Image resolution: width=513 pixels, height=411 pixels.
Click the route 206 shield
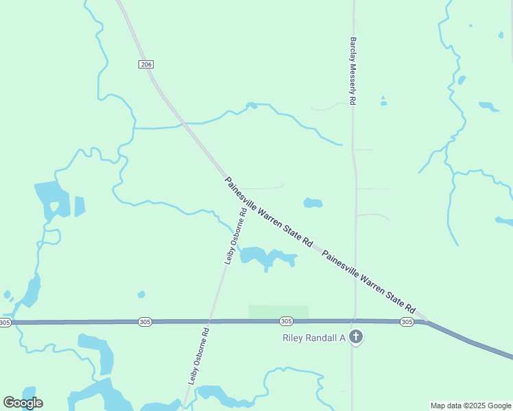pyautogui.click(x=145, y=64)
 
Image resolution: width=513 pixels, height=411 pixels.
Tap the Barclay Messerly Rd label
pyautogui.click(x=353, y=71)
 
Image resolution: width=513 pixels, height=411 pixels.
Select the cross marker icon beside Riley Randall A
pyautogui.click(x=355, y=337)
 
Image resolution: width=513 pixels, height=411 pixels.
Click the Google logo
pyautogui.click(x=23, y=403)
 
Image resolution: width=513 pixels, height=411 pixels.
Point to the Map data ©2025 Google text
pyautogui.click(x=470, y=406)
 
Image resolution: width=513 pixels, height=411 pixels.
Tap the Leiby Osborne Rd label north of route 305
pyautogui.click(x=236, y=236)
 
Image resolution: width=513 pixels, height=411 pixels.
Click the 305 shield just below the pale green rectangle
pyautogui.click(x=287, y=321)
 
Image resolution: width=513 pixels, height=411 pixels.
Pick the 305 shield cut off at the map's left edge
pyautogui.click(x=5, y=322)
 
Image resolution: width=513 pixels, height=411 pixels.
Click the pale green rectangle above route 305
pyautogui.click(x=278, y=312)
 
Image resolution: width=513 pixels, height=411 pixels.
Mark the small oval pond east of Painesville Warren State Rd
pyautogui.click(x=313, y=203)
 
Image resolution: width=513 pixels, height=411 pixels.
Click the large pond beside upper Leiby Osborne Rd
pyautogui.click(x=264, y=256)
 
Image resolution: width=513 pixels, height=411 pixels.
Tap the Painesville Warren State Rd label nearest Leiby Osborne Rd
pyautogui.click(x=268, y=212)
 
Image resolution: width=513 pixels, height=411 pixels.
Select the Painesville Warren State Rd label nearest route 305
pyautogui.click(x=369, y=280)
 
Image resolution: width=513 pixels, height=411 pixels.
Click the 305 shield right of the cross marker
pyautogui.click(x=407, y=321)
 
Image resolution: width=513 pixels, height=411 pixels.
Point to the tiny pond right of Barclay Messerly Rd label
pyautogui.click(x=383, y=102)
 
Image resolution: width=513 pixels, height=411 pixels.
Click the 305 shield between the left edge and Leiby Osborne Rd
pyautogui.click(x=145, y=321)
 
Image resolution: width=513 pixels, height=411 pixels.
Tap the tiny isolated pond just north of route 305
pyautogui.click(x=141, y=295)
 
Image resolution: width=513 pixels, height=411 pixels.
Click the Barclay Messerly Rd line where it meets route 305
pyautogui.click(x=354, y=321)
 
